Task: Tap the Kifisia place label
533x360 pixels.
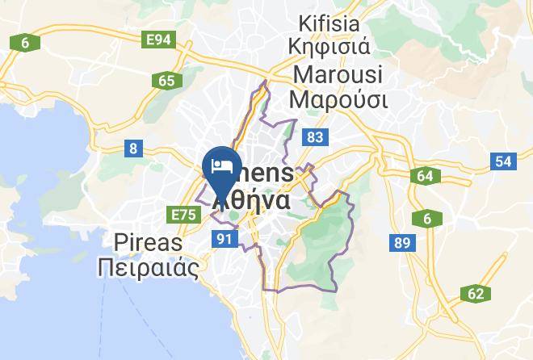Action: pyautogui.click(x=334, y=22)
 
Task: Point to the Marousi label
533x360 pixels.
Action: pyautogui.click(x=339, y=74)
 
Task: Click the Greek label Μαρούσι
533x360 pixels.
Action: pyautogui.click(x=338, y=101)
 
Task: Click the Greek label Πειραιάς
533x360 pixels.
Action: pyautogui.click(x=148, y=268)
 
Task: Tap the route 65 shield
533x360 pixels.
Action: pyautogui.click(x=167, y=80)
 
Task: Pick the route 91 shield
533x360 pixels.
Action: pyautogui.click(x=225, y=238)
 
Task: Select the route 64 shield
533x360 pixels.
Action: pyautogui.click(x=425, y=176)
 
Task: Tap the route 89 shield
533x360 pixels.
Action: pyautogui.click(x=401, y=241)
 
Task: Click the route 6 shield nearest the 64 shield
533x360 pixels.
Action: pyautogui.click(x=426, y=218)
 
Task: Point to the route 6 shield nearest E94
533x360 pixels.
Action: pyautogui.click(x=25, y=42)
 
